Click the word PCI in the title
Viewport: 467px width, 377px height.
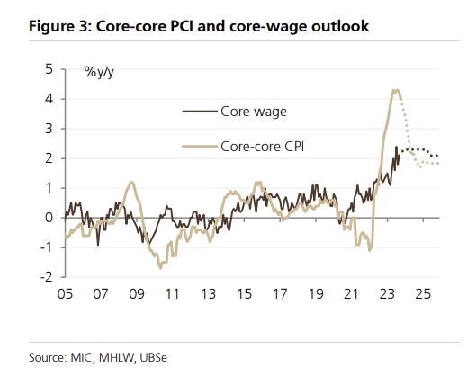pyautogui.click(x=182, y=26)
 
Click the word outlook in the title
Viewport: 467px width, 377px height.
pyautogui.click(x=340, y=26)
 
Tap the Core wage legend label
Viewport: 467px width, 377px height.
pyautogui.click(x=254, y=112)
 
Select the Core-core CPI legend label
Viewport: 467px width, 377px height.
pyautogui.click(x=263, y=147)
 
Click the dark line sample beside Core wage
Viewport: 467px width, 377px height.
pyautogui.click(x=200, y=112)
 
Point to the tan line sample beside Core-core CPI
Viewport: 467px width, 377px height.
pyautogui.click(x=200, y=147)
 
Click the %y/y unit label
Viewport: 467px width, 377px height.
pyautogui.click(x=99, y=72)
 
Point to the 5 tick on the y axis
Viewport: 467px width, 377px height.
pyautogui.click(x=49, y=69)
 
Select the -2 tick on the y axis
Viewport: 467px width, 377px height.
pyautogui.click(x=47, y=277)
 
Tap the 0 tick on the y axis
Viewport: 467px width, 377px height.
pyautogui.click(x=49, y=218)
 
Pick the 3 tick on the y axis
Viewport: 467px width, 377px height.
pyautogui.click(x=49, y=129)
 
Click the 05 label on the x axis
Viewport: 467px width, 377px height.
pyautogui.click(x=65, y=294)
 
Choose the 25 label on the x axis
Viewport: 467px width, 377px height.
pyautogui.click(x=423, y=294)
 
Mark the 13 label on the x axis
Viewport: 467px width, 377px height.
pyautogui.click(x=208, y=294)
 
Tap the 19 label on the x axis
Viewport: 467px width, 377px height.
pyautogui.click(x=316, y=294)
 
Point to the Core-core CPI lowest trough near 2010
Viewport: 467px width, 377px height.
pyautogui.click(x=161, y=268)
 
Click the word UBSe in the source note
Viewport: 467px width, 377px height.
pyautogui.click(x=153, y=357)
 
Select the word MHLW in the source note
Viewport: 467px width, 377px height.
pyautogui.click(x=116, y=357)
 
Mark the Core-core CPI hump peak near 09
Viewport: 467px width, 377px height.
pyautogui.click(x=131, y=182)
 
